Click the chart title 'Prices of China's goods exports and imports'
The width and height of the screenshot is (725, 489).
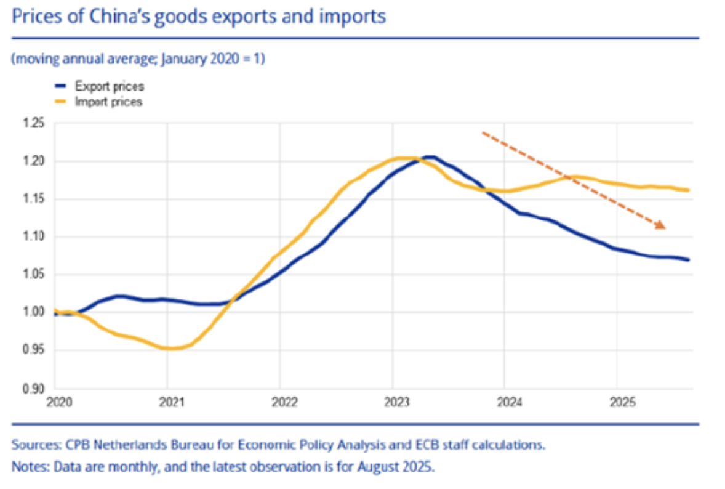click(x=198, y=15)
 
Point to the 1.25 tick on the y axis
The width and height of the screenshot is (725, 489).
click(x=35, y=124)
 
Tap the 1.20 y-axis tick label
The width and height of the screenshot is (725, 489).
click(x=35, y=161)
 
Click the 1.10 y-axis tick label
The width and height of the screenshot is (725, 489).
click(x=35, y=237)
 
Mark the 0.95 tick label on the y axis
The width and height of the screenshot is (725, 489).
click(x=35, y=350)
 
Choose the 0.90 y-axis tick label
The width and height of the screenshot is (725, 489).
click(x=35, y=389)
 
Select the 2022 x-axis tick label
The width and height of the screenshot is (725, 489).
click(x=280, y=403)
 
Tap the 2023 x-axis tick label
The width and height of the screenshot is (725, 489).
click(x=393, y=403)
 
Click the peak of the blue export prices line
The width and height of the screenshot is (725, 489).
click(x=430, y=157)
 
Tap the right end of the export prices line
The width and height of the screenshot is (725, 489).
click(x=688, y=259)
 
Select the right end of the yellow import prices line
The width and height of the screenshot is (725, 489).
click(x=688, y=190)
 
